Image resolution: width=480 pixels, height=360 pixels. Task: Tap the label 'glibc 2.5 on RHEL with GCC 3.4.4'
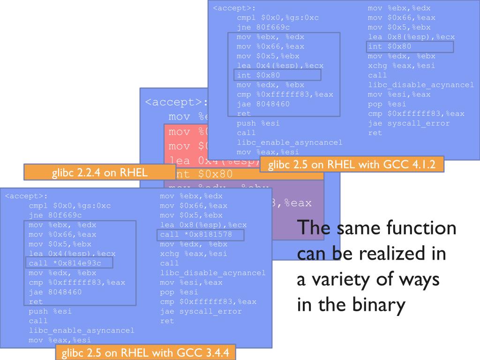145,352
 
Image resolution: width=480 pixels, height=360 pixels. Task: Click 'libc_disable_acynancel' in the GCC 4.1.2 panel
421,85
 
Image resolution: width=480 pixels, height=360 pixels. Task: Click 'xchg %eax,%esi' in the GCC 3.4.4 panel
194,254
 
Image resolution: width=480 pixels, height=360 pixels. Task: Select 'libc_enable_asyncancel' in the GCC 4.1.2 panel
290,142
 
